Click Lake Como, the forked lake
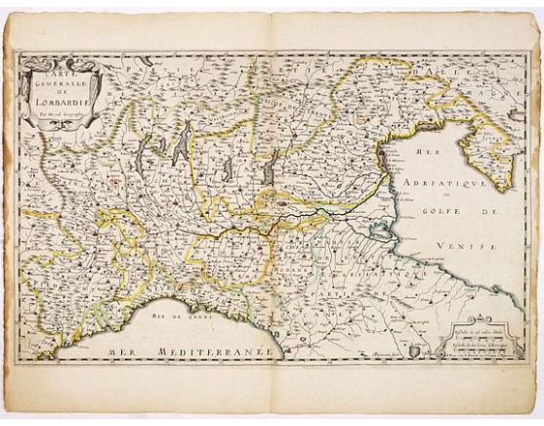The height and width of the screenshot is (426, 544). pos(181,147)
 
